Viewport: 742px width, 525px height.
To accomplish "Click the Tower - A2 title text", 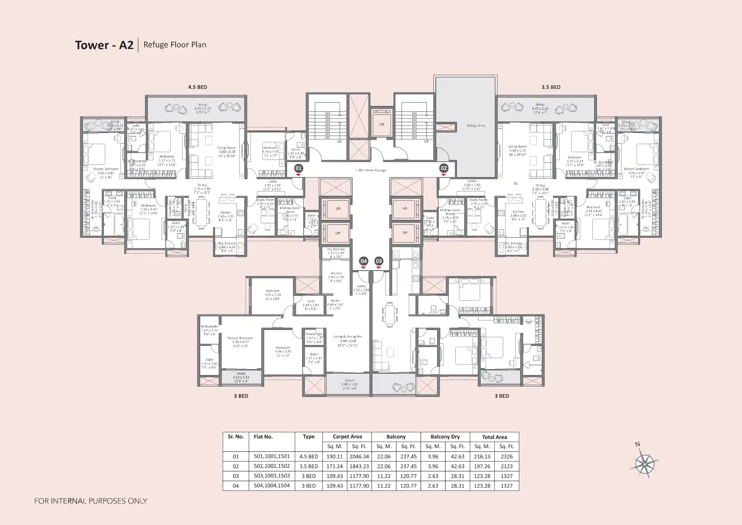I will point(104,45).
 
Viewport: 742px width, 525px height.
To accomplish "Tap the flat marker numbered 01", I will point(298,168).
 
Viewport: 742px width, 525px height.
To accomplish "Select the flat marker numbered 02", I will point(444,168).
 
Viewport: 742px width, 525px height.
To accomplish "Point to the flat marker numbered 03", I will point(378,261).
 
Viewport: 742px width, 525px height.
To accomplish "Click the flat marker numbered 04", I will point(364,261).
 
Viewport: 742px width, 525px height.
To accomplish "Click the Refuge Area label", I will point(475,126).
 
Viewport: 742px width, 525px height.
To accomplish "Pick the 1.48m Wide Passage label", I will point(371,170).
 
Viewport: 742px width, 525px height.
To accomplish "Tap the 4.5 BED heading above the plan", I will point(197,87).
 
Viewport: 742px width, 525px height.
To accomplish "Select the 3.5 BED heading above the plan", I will point(550,87).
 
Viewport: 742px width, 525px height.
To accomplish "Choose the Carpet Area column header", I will point(347,437).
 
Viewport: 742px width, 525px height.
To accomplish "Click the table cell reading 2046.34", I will point(359,456).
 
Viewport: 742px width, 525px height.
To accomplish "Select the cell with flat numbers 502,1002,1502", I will point(272,466).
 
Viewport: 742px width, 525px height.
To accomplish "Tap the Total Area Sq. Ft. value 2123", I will point(506,466).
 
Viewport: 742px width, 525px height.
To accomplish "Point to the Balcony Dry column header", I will point(445,437).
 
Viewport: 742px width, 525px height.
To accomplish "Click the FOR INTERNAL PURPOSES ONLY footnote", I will point(91,501).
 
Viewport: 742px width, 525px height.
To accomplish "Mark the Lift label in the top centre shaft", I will point(381,124).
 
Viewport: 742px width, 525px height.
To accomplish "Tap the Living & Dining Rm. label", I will point(348,337).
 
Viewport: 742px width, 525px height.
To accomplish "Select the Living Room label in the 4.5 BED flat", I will point(226,148).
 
